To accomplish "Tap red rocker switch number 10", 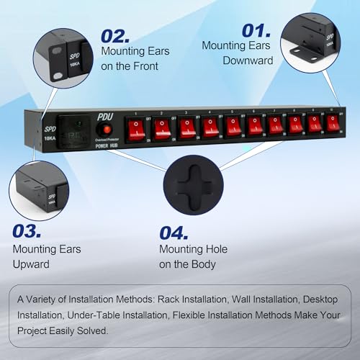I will (332, 124).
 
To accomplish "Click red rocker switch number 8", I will (295, 125).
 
